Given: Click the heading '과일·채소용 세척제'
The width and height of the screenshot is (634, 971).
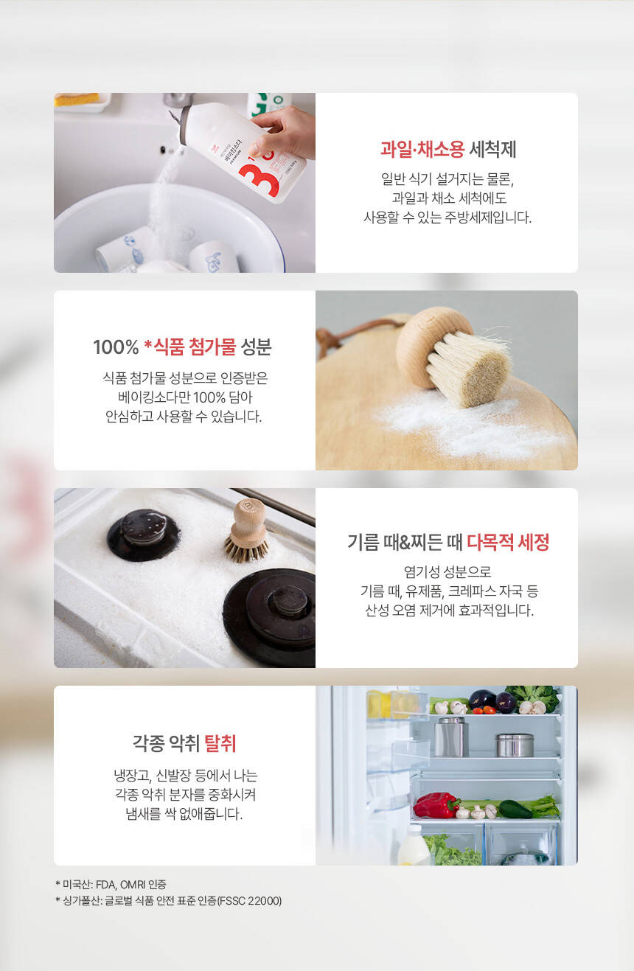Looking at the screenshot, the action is click(x=448, y=149).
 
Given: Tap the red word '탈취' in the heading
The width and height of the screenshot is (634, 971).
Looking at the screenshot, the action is click(x=220, y=743).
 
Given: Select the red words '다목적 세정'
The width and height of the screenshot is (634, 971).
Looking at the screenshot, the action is click(x=508, y=542).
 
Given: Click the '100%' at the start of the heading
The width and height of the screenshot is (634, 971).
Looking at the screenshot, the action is click(x=116, y=347).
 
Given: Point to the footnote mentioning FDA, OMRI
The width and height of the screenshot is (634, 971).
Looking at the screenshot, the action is click(x=111, y=884).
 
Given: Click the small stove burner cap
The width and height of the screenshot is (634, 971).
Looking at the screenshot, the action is click(x=144, y=534).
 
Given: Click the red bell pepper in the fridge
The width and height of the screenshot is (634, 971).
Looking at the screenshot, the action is click(x=435, y=805).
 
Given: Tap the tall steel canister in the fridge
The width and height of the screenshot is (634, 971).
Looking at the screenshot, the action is click(x=451, y=737).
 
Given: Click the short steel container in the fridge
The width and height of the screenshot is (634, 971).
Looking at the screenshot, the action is click(x=515, y=745).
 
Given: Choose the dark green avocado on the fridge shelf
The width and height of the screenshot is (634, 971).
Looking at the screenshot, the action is click(x=515, y=809).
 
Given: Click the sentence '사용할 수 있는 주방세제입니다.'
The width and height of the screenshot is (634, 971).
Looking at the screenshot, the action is click(x=447, y=217).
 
